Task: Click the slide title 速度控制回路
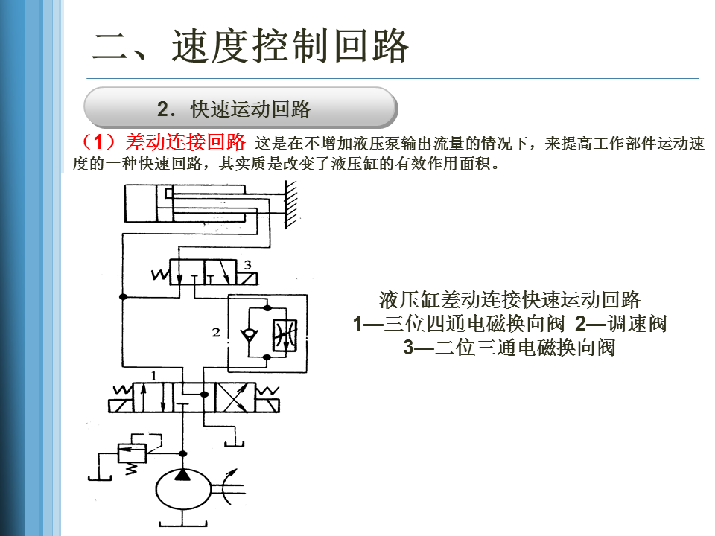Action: (x=251, y=46)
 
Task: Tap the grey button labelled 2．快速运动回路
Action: (x=240, y=109)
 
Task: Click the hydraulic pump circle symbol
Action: (x=183, y=490)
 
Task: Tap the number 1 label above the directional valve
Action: (x=153, y=376)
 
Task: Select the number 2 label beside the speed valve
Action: (x=216, y=332)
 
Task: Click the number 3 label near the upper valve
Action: (x=248, y=264)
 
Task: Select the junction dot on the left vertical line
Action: (x=123, y=297)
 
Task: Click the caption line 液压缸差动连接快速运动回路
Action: (x=509, y=300)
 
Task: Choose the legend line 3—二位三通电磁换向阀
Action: (x=509, y=348)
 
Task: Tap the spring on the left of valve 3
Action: (x=160, y=275)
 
